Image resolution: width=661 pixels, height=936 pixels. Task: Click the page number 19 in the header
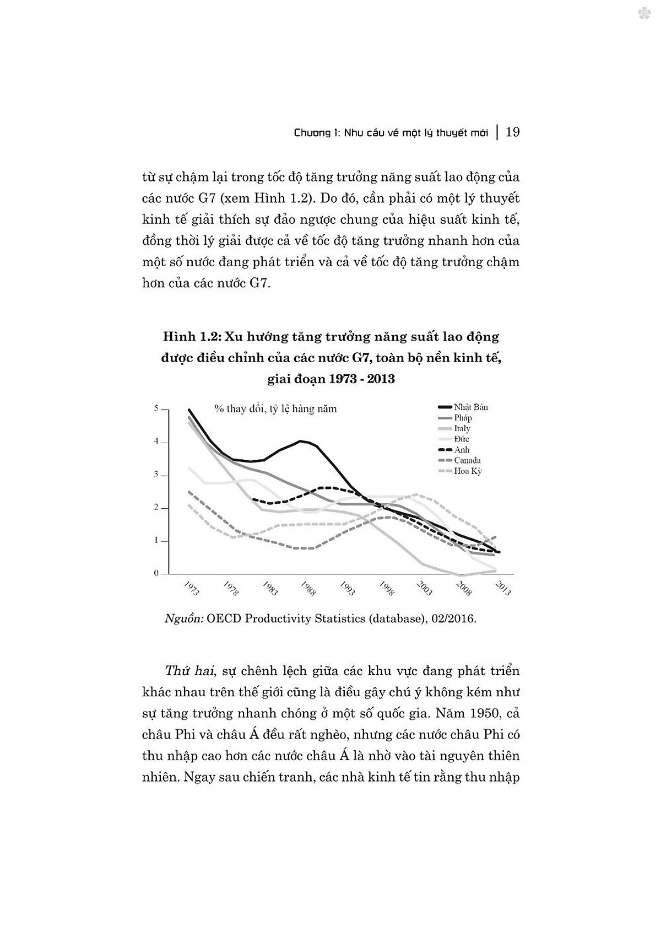[512, 132]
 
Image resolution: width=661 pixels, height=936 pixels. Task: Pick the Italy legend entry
[462, 428]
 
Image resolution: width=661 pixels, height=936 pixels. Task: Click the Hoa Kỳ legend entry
[468, 471]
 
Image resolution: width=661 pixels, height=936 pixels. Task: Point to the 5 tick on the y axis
[156, 408]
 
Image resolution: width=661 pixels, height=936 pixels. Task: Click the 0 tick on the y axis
[156, 573]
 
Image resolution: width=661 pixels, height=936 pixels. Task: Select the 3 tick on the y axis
[156, 474]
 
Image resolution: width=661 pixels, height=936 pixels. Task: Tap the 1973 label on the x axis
[191, 588]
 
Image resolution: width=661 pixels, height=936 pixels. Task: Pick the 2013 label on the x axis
[503, 588]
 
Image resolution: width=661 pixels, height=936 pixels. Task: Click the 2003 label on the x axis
[425, 588]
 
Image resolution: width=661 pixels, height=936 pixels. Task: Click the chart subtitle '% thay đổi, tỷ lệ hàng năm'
[275, 408]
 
